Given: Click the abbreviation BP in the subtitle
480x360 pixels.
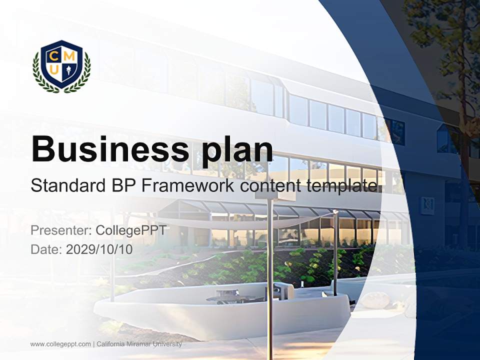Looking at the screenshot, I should click(122, 186).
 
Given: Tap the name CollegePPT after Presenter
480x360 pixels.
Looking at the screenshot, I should click(130, 230).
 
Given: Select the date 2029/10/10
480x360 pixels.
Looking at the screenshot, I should click(99, 249).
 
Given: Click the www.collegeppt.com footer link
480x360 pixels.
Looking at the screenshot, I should click(60, 344).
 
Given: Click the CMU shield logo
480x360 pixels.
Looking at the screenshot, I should click(61, 66).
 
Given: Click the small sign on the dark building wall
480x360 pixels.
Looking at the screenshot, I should click(427, 205).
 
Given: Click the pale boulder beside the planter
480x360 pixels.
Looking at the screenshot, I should click(375, 300).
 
